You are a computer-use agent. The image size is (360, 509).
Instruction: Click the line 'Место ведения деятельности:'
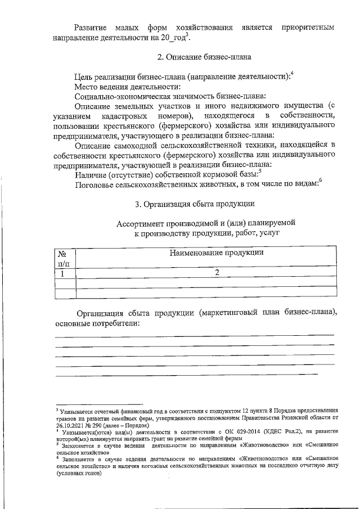click(x=128, y=87)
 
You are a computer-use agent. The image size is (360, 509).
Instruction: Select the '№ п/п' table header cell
click(x=64, y=258)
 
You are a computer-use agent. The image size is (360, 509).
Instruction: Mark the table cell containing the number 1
click(x=64, y=273)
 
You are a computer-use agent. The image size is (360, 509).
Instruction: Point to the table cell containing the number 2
click(x=215, y=273)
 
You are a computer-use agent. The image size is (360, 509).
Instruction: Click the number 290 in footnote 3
click(x=98, y=426)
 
